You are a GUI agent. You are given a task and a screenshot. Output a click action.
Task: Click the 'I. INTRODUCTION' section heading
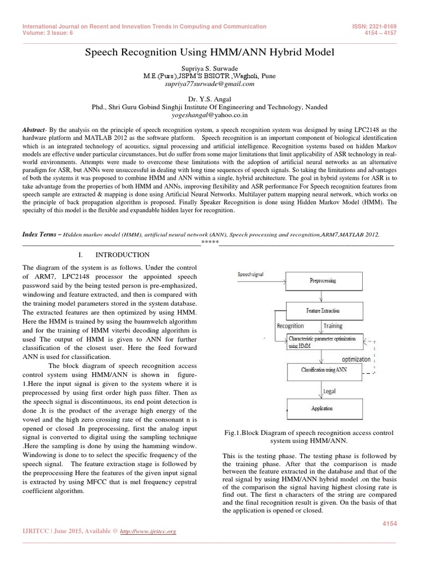tap(114, 255)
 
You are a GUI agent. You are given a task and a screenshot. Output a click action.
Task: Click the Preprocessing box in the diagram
tap(322, 281)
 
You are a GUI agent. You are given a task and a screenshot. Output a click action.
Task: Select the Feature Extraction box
tap(322, 311)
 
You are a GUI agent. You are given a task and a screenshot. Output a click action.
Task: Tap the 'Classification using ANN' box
tap(324, 369)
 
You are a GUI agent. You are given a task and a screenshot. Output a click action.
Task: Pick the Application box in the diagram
tap(322, 408)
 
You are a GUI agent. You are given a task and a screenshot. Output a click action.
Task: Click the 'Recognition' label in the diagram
tap(290, 326)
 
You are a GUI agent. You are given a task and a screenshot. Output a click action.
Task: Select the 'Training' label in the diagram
tap(333, 326)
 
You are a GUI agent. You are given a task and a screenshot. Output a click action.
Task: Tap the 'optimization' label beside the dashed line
tap(356, 359)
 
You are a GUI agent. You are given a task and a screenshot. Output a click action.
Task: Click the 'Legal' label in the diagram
tap(330, 390)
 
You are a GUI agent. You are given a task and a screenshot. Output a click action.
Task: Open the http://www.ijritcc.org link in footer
tap(149, 531)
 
